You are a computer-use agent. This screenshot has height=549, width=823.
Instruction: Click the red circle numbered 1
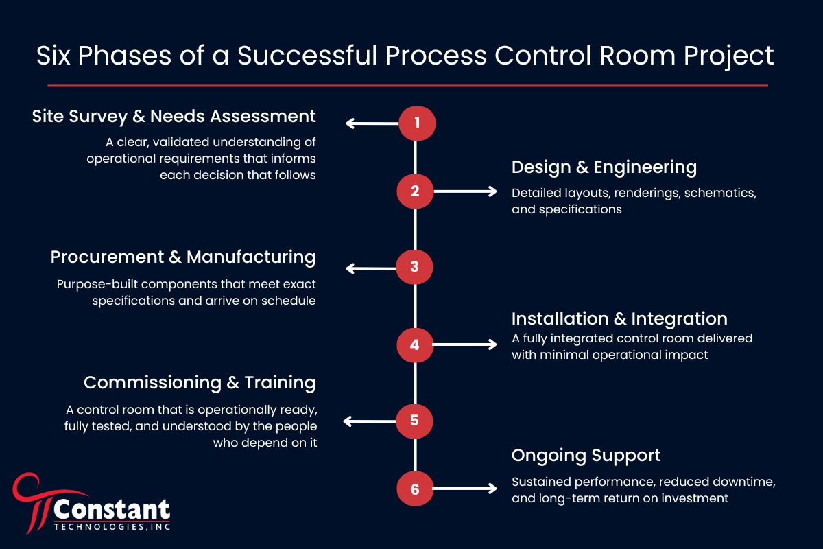point(416,124)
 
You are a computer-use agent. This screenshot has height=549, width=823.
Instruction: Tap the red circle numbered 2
point(415,191)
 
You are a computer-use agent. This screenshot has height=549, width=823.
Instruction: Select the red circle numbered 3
point(414,268)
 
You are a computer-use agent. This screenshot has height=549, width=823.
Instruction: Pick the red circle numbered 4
point(414,344)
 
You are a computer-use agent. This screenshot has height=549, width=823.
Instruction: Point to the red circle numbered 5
point(414,420)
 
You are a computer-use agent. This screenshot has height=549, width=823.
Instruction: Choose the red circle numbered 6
point(414,489)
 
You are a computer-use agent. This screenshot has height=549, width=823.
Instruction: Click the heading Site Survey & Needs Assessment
point(174,117)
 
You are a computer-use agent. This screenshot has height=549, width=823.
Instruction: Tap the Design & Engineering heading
point(604,167)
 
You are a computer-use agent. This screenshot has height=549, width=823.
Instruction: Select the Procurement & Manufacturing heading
point(182,257)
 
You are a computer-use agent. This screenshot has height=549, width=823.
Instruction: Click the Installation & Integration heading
point(619,318)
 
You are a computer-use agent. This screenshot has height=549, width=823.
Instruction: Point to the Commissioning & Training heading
point(200,382)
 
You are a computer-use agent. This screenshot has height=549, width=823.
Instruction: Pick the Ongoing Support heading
point(586,456)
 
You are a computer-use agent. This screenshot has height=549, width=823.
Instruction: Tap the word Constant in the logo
point(112,510)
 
